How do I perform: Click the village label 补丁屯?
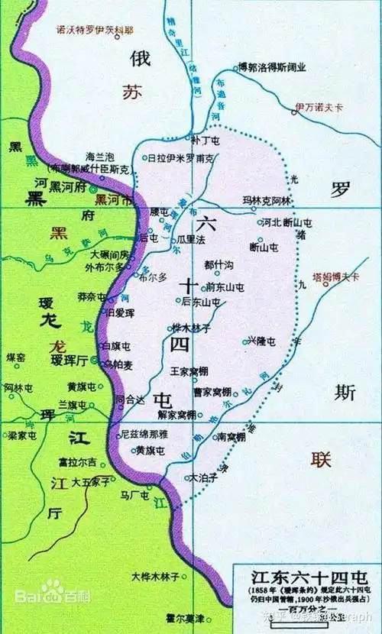[206, 141]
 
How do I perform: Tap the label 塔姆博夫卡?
[335, 277]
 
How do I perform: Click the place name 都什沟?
[219, 264]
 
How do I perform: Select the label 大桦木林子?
[155, 575]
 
